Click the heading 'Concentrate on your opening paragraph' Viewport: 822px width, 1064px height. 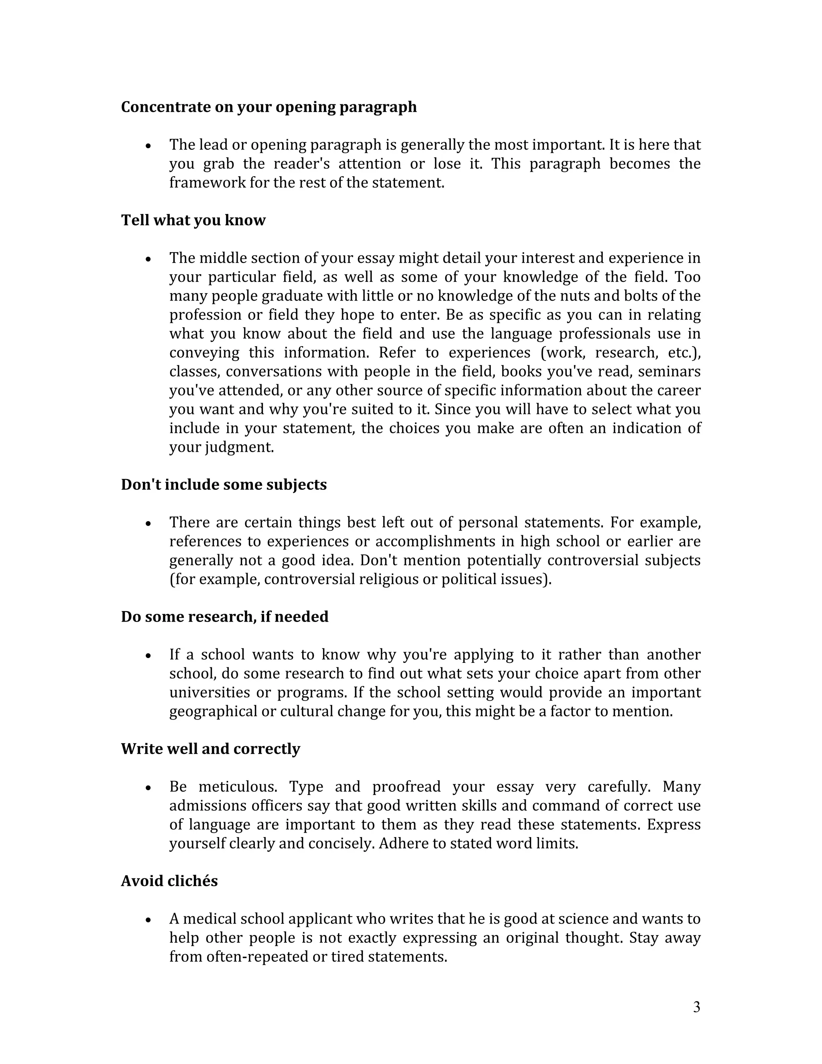coord(269,107)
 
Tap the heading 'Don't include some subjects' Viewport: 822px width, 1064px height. coord(224,485)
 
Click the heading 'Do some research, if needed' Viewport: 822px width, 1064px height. coord(224,617)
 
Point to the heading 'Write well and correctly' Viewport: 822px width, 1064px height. coord(210,749)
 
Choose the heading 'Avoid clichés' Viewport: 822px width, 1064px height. coord(169,881)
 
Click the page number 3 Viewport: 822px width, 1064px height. coord(696,1007)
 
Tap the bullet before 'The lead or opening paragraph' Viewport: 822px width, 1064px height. coord(149,146)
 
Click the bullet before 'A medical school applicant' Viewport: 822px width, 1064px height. coord(149,920)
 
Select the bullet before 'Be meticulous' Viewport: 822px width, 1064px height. coord(149,788)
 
